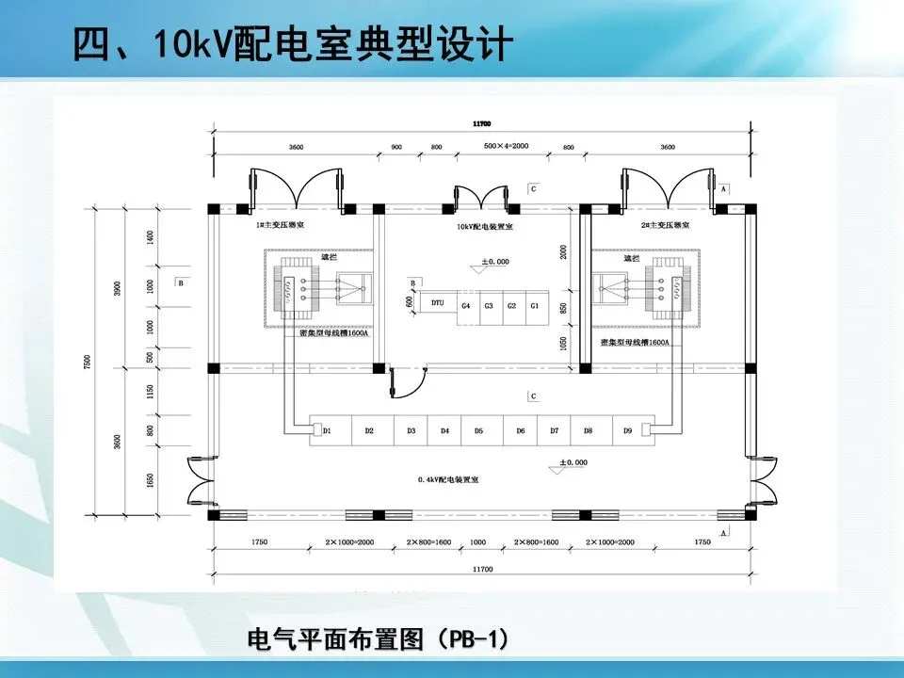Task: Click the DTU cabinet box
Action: tap(438, 305)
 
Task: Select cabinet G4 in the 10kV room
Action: tap(466, 305)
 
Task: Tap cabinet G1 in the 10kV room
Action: tap(534, 305)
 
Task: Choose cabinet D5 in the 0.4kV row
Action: tap(478, 430)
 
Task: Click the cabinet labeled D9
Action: tap(627, 430)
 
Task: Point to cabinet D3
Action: tap(412, 430)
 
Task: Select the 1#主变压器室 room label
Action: tap(286, 227)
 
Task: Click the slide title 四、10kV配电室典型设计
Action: tap(293, 43)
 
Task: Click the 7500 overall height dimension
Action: tap(88, 362)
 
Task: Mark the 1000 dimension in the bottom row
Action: tap(478, 542)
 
